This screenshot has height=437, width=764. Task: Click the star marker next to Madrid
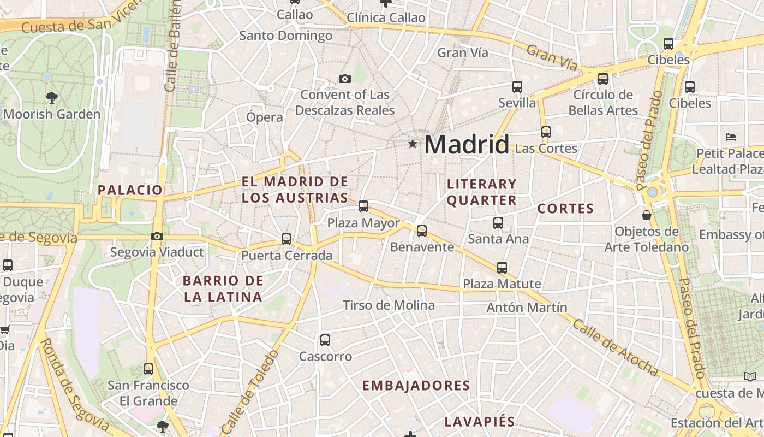413,144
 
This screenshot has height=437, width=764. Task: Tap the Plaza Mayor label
363,223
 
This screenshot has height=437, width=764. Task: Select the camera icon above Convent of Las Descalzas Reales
344,79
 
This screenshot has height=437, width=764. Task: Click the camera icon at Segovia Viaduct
157,236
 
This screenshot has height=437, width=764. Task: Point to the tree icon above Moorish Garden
52,98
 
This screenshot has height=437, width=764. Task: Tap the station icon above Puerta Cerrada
286,239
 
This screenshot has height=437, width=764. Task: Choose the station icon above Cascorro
325,340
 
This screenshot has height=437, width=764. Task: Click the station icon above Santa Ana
498,223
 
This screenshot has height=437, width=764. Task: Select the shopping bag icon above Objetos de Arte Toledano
647,215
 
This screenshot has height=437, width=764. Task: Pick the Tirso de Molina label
389,305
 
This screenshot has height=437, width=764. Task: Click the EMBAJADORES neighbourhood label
416,386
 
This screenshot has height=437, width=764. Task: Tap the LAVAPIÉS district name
480,422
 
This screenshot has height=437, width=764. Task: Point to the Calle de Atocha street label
615,347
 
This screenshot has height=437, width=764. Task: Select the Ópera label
265,117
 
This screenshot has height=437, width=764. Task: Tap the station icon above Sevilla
517,87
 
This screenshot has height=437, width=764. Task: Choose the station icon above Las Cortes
546,132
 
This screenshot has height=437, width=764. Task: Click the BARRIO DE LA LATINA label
223,289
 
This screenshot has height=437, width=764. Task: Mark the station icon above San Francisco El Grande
148,369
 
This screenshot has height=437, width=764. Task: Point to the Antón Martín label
527,308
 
